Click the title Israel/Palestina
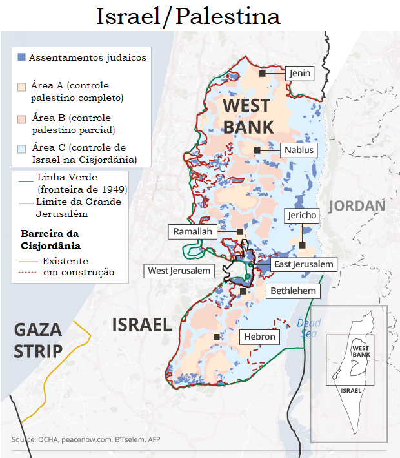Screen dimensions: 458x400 click(x=188, y=16)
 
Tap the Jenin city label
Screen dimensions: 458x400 click(x=299, y=74)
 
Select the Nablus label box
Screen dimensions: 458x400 click(x=299, y=151)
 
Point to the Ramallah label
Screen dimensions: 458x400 click(x=192, y=231)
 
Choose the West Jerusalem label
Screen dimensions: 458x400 click(x=179, y=271)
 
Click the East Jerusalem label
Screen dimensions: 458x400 click(x=303, y=264)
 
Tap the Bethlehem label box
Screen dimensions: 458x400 click(x=293, y=291)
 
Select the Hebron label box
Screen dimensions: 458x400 click(x=259, y=337)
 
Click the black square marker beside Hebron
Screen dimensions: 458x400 click(x=217, y=337)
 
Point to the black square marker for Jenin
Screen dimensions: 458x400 click(x=263, y=74)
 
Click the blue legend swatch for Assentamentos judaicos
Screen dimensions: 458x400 click(x=21, y=57)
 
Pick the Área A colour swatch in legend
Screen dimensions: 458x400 click(x=21, y=86)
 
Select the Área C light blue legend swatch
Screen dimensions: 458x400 click(x=21, y=148)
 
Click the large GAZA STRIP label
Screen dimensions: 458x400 click(x=39, y=340)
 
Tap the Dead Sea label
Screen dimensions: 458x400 click(x=308, y=328)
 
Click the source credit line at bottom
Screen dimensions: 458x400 click(x=86, y=439)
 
